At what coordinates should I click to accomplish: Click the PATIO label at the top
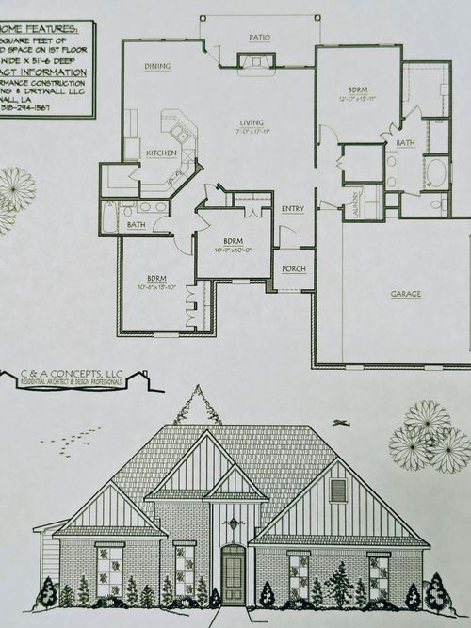(x=259, y=39)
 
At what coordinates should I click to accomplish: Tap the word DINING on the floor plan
(x=156, y=66)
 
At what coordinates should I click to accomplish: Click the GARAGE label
(x=406, y=293)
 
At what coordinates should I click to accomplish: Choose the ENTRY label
(x=293, y=208)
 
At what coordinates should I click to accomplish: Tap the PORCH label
(x=294, y=269)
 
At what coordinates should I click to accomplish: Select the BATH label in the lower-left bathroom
(x=137, y=224)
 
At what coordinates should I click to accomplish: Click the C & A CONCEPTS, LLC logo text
(x=73, y=375)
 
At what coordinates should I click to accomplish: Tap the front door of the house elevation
(x=232, y=576)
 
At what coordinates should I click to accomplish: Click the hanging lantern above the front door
(x=232, y=522)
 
